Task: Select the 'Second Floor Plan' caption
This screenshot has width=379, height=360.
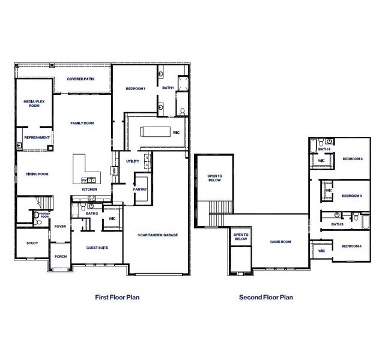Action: pyautogui.click(x=266, y=296)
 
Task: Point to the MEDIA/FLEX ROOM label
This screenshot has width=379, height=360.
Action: pyautogui.click(x=31, y=103)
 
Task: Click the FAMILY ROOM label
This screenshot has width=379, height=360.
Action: pyautogui.click(x=82, y=123)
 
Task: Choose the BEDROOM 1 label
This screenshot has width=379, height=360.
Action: pyautogui.click(x=136, y=89)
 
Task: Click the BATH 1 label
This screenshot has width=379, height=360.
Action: pyautogui.click(x=168, y=88)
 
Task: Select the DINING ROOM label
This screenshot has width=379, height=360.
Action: pyautogui.click(x=37, y=174)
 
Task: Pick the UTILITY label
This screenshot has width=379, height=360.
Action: pyautogui.click(x=133, y=161)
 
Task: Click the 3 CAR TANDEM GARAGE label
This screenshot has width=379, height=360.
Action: pyautogui.click(x=157, y=234)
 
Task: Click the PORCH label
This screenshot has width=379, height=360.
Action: pyautogui.click(x=60, y=256)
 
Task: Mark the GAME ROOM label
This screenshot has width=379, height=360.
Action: pyautogui.click(x=280, y=241)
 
